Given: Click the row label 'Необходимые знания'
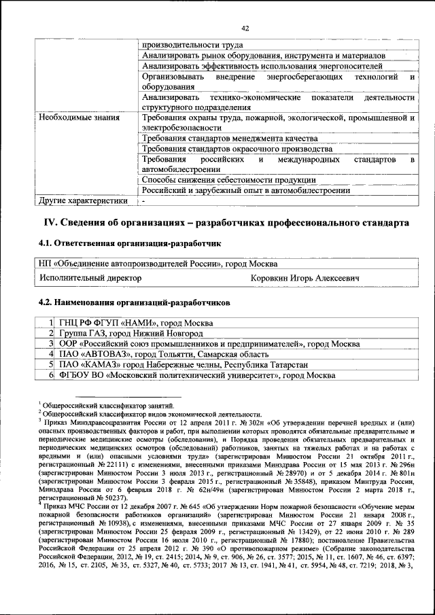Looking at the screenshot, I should click(79, 118).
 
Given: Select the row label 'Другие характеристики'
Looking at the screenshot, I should click(84, 200).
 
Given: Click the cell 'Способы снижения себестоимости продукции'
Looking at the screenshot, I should click(229, 180).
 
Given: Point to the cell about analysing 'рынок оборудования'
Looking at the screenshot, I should click(264, 55).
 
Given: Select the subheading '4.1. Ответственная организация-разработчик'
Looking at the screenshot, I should click(129, 243).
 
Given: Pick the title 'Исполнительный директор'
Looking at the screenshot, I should click(90, 278).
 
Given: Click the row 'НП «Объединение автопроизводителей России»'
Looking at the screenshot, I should click(158, 264).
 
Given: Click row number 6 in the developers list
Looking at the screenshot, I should click(52, 376).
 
